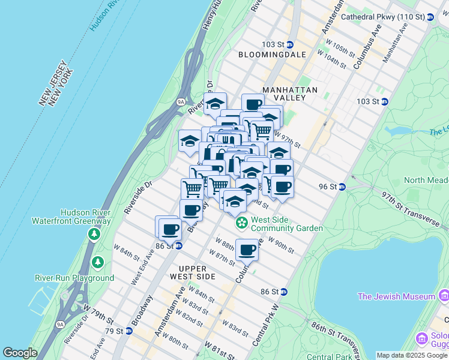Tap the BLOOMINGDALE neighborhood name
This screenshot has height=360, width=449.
point(272,55)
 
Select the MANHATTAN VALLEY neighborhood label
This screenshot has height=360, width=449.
point(289,94)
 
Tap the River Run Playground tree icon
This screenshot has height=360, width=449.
point(97,262)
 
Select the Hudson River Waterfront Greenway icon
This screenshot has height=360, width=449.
point(94,233)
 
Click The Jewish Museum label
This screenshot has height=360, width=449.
point(396,296)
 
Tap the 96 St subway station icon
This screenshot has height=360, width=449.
point(342,187)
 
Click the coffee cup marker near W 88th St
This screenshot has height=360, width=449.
point(246,250)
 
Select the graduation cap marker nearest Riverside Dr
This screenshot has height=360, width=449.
point(190,142)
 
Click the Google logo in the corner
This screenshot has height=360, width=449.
point(20,353)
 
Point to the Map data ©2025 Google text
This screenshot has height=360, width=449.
point(412,355)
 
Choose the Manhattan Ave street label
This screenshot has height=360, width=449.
point(399,46)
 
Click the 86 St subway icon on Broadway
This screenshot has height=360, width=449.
point(179,245)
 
